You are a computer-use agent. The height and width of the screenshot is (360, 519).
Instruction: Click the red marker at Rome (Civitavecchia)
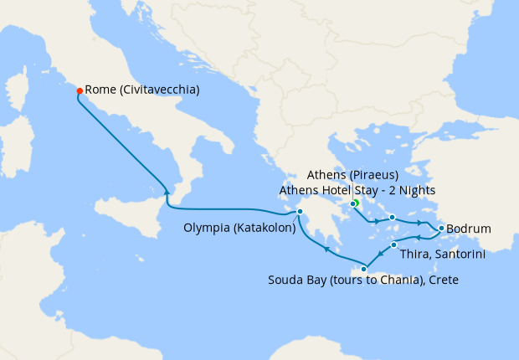pos(80,90)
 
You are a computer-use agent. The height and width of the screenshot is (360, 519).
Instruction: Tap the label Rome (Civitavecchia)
pos(142,90)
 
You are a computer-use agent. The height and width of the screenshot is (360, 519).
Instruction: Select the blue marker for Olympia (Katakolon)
pos(300,211)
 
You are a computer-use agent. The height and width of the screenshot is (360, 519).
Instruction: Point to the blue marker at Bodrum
pos(441,228)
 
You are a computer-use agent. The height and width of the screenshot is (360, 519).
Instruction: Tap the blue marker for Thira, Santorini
pos(393,245)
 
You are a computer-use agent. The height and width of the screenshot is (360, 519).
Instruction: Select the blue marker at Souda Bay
pos(363,269)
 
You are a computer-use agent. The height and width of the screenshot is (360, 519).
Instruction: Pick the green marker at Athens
pos(354,203)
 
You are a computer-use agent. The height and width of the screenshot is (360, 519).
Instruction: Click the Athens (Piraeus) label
pos(357,175)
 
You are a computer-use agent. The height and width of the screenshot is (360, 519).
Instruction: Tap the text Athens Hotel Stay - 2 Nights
pos(357,190)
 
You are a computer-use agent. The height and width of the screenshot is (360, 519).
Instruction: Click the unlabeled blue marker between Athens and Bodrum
pos(392,218)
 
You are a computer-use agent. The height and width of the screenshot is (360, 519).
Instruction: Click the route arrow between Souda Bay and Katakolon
pos(327,249)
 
